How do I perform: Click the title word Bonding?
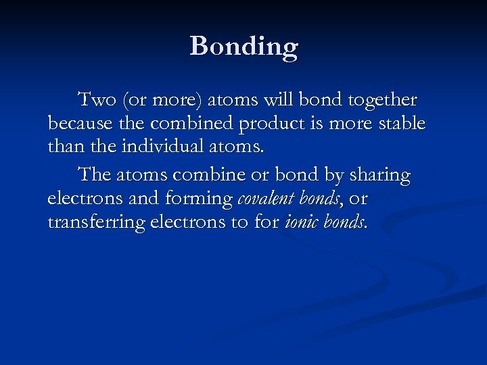click(243, 47)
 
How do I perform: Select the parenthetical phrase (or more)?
click(153, 100)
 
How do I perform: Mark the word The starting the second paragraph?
click(95, 175)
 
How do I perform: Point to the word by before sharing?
click(333, 175)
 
